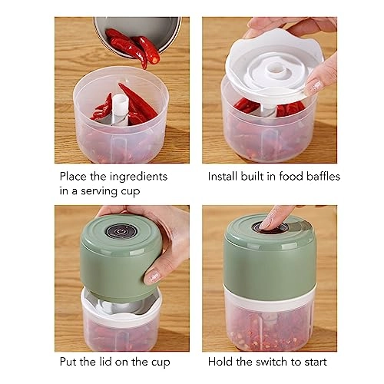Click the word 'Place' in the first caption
[74, 176]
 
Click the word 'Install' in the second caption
[225, 176]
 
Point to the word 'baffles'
[320, 176]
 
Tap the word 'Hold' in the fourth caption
[222, 361]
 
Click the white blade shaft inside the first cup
[117, 111]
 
